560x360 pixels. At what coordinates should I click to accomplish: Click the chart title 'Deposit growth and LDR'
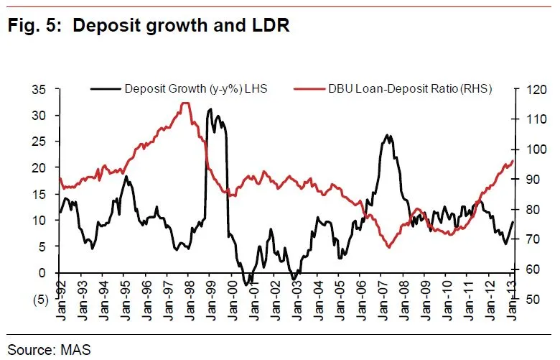point(181,27)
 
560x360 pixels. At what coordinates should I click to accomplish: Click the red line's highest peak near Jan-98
point(185,103)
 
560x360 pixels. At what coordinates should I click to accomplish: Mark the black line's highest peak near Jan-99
point(210,110)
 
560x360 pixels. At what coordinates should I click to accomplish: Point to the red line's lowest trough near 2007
point(389,247)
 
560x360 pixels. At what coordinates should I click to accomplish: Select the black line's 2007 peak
point(388,135)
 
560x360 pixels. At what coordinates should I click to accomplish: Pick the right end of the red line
point(513,160)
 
